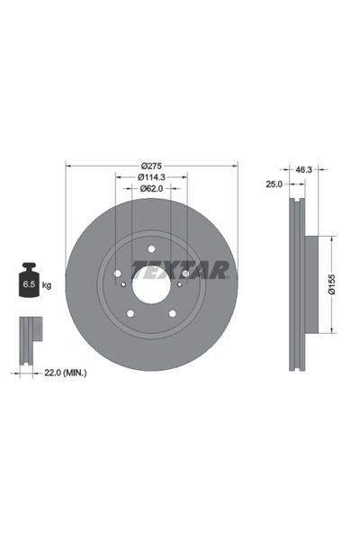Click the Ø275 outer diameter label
151,166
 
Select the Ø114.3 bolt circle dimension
151,177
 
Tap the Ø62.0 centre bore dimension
151,188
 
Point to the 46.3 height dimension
303,169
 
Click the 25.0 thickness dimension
274,184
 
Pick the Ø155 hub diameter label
332,284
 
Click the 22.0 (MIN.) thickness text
66,373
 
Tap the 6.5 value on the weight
29,284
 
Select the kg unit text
47,285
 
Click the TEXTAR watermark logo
181,270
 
